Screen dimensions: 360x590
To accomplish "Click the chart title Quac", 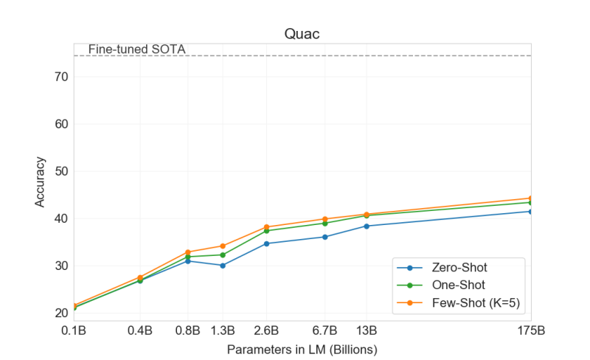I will coord(302,35).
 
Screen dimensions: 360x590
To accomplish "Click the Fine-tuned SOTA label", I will coord(136,49).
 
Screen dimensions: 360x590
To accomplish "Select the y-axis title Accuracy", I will coord(40,181).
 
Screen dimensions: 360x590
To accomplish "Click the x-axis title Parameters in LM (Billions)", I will coord(302,348).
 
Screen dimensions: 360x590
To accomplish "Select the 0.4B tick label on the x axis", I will coord(140,330).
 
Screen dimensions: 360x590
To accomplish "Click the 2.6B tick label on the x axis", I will coord(265,330).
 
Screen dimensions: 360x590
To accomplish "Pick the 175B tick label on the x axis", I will coord(530,330).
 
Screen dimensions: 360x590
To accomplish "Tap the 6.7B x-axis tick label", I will coord(324,330).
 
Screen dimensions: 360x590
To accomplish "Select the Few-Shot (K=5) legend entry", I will coord(476,300).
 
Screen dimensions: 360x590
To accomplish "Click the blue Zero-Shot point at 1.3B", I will coord(223,266).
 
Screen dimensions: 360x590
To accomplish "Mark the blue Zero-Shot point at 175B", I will coord(530,212).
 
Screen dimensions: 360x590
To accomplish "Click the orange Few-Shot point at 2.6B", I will coord(265,227).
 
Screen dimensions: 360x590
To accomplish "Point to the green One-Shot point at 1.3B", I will coord(223,255).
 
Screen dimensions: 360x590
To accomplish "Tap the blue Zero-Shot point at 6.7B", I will coord(324,237).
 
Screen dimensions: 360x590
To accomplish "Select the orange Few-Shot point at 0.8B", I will coord(188,252).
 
